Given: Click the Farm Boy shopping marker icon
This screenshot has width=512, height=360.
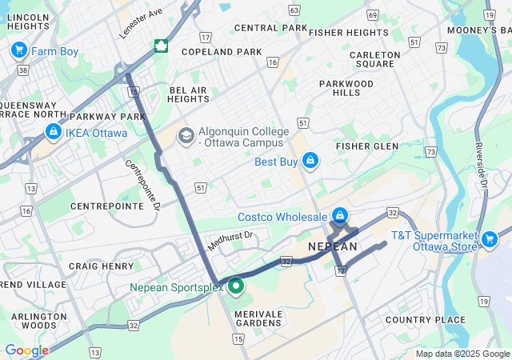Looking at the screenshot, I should (x=18, y=51).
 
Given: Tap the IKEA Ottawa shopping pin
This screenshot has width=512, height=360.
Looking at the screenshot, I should (x=53, y=131).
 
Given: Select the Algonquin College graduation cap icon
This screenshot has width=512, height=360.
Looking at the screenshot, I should (x=186, y=136).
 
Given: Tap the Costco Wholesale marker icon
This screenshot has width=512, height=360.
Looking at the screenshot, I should (x=340, y=216).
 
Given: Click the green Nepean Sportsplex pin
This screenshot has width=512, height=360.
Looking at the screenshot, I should (x=235, y=286).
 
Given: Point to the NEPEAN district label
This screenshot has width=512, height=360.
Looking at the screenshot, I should (x=333, y=247).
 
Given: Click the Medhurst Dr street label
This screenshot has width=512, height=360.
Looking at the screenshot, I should (x=230, y=240).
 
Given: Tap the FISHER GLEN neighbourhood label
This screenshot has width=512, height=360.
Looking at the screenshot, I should (x=367, y=146).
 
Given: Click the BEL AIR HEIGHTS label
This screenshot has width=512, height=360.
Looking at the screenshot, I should (x=188, y=94).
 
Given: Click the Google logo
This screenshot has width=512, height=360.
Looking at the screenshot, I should (x=26, y=350).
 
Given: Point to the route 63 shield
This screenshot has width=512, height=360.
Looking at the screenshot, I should (x=294, y=10).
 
